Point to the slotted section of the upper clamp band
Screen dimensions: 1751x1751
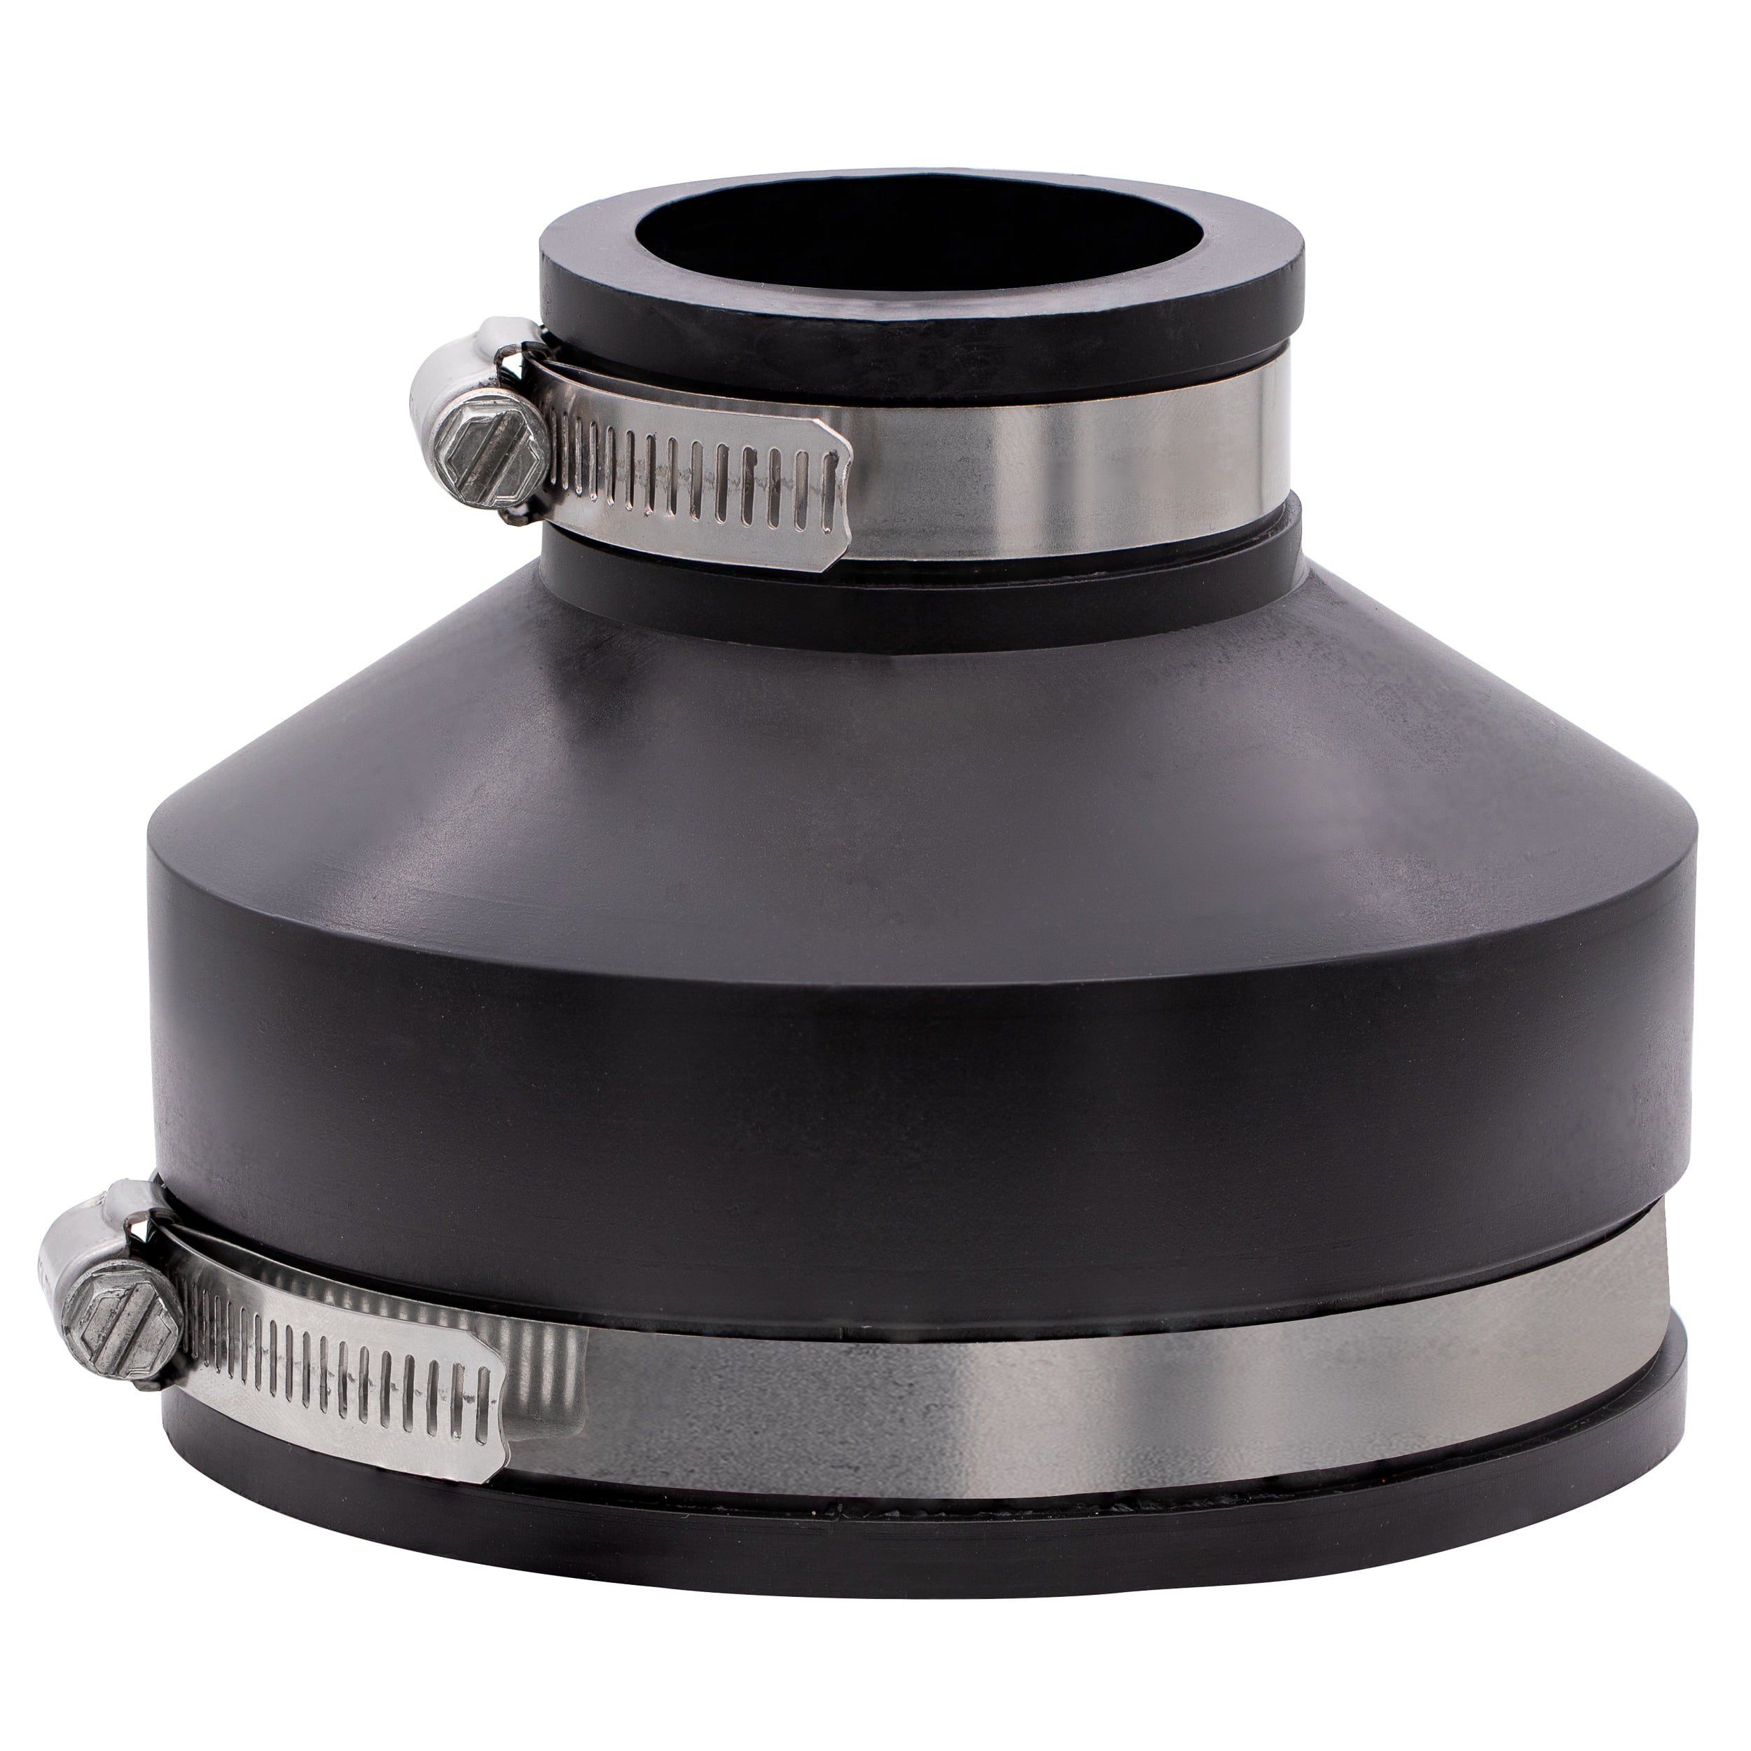[688, 485]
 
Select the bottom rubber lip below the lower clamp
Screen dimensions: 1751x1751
[906, 1541]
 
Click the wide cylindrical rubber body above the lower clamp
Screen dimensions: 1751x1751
[906, 1042]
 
